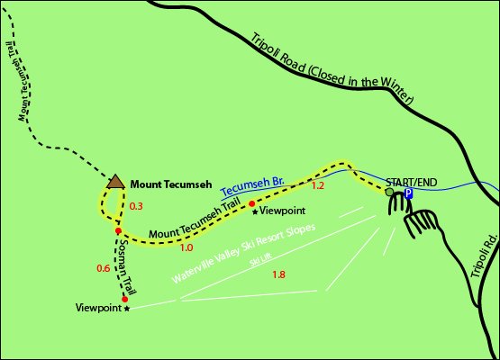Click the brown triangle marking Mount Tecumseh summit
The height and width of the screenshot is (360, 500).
click(x=114, y=182)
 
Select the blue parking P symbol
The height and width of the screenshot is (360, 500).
click(x=408, y=193)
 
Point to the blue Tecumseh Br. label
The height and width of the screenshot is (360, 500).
click(x=253, y=187)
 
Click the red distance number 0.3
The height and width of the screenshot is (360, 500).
click(x=137, y=207)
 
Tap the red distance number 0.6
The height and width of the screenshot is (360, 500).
click(x=103, y=268)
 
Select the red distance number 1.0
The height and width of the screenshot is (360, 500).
click(x=187, y=247)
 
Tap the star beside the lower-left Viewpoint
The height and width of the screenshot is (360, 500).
click(x=127, y=308)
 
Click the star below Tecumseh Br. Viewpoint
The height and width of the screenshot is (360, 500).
click(x=255, y=211)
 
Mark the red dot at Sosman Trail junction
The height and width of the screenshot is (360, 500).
click(x=118, y=231)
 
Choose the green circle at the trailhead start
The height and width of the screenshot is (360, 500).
click(x=389, y=192)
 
